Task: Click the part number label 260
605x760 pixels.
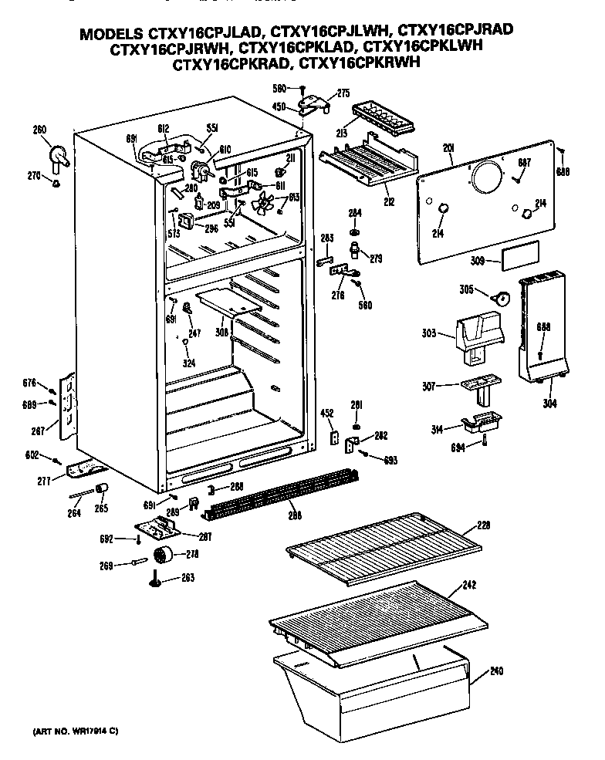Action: pyautogui.click(x=39, y=130)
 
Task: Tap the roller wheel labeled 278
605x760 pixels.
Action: pyautogui.click(x=163, y=555)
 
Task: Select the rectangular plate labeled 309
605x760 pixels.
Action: pyautogui.click(x=516, y=258)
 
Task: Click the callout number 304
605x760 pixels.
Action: pyautogui.click(x=547, y=403)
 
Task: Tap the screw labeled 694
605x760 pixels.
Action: pyautogui.click(x=485, y=441)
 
